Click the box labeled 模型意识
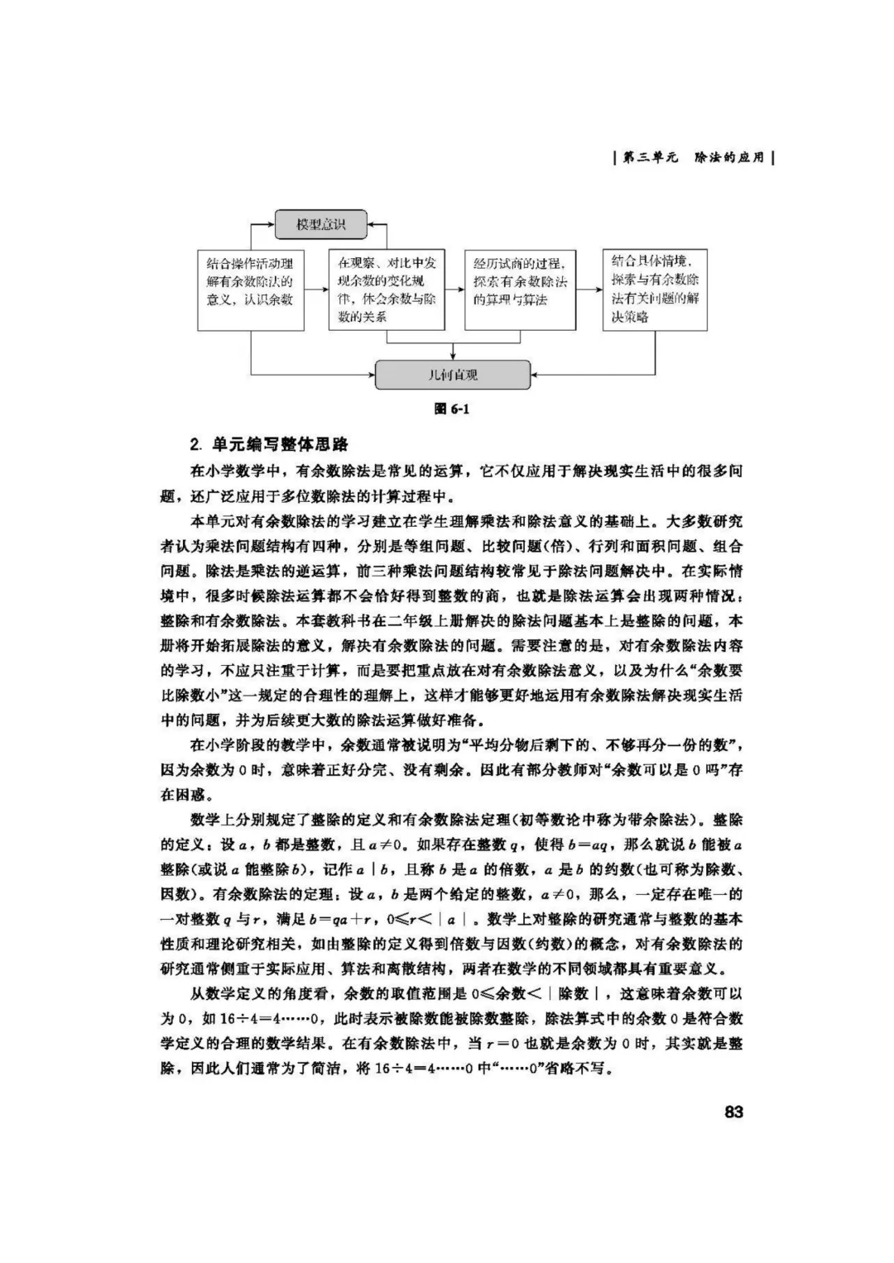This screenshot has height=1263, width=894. (x=320, y=223)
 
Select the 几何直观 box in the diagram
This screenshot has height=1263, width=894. (x=452, y=375)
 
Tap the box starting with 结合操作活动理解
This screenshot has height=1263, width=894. (x=250, y=289)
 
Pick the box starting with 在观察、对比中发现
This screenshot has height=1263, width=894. (x=387, y=289)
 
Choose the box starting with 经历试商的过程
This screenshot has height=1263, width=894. (x=520, y=289)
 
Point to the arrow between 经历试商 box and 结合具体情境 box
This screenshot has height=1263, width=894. (x=589, y=289)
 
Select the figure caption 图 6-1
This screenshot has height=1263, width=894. (x=452, y=409)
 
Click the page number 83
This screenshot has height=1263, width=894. (x=733, y=1112)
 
